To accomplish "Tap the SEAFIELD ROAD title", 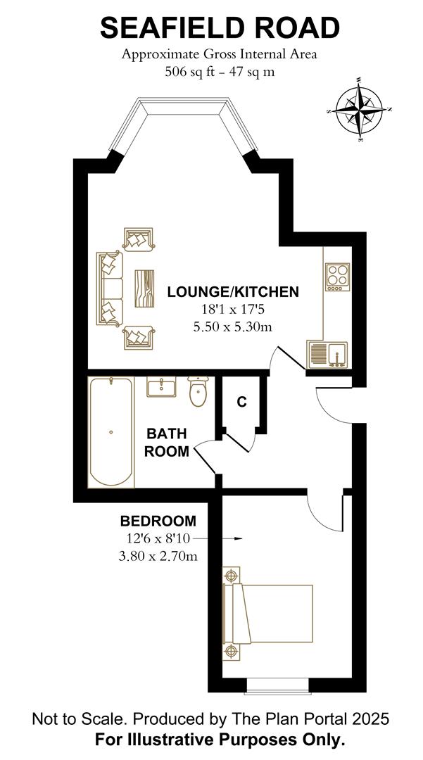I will tap(220, 28).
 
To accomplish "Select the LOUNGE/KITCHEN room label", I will tap(233, 291).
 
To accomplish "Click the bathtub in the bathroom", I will tap(111, 433).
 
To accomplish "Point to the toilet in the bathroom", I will tap(198, 393).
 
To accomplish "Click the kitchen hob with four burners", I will tap(337, 276).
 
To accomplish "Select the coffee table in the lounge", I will tap(145, 289).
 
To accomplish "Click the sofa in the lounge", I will tap(110, 289).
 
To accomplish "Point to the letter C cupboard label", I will tap(241, 402).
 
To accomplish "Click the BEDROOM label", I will tap(158, 521).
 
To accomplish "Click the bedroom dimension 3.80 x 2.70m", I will tap(158, 557).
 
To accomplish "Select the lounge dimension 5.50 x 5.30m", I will tap(233, 327).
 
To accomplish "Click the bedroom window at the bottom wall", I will tap(279, 684).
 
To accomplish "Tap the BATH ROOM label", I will tap(167, 443).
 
